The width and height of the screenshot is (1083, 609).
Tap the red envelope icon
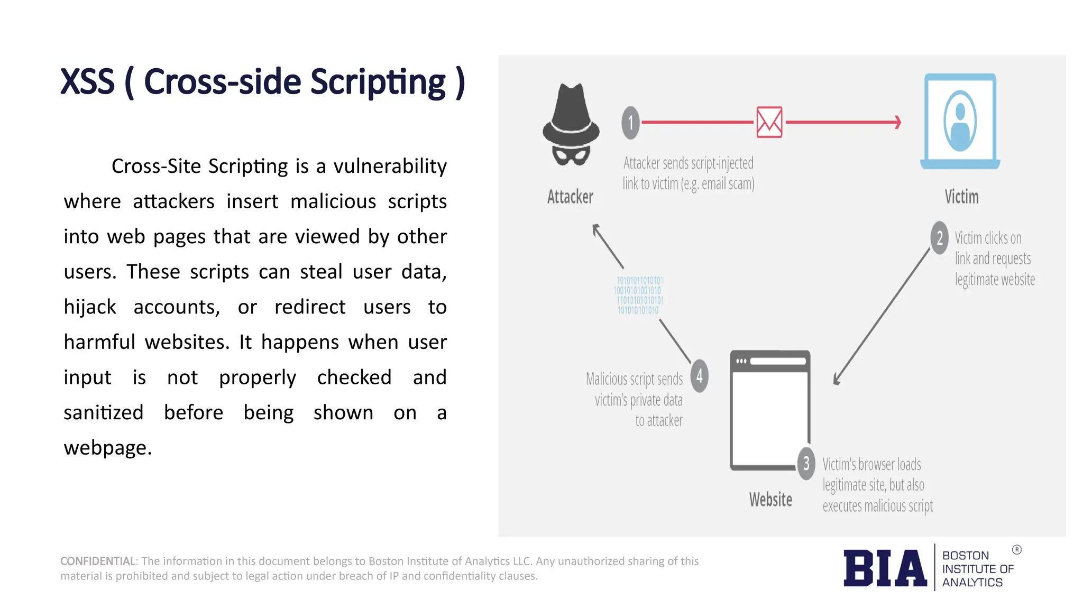coord(769,122)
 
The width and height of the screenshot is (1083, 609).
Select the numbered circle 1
coord(630,123)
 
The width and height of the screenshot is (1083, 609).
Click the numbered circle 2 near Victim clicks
coord(939,238)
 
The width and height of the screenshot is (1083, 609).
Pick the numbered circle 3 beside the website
coord(806,464)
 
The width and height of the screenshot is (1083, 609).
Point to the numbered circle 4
coord(699,376)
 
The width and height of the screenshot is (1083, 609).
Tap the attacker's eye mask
coord(571,154)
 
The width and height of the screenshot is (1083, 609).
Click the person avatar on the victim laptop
coord(960,122)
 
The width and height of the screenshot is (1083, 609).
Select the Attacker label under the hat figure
coord(570,197)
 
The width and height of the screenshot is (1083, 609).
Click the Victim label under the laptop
coord(961,197)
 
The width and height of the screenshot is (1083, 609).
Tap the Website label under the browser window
coord(770,500)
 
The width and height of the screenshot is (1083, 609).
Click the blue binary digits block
coord(639,295)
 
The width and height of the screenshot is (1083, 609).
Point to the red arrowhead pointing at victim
coord(897,122)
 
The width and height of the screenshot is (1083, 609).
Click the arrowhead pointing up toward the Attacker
coord(596,228)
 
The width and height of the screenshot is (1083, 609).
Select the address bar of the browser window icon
coord(777,362)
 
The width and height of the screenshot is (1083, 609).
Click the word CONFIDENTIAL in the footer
coord(98,561)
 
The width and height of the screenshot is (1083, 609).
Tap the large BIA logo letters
coord(885,568)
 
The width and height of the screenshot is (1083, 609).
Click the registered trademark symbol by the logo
coord(1016,550)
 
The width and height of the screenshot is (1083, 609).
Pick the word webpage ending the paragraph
coord(107,448)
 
